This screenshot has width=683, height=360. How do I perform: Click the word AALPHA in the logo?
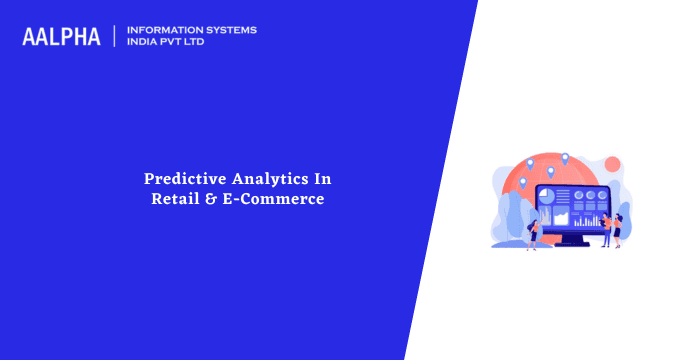(x=61, y=37)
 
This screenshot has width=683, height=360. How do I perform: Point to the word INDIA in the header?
(x=144, y=43)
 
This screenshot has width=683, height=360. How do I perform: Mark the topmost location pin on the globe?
(x=564, y=157)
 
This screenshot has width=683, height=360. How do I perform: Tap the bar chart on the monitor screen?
(x=590, y=217)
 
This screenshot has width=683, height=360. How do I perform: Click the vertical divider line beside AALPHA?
(x=116, y=36)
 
